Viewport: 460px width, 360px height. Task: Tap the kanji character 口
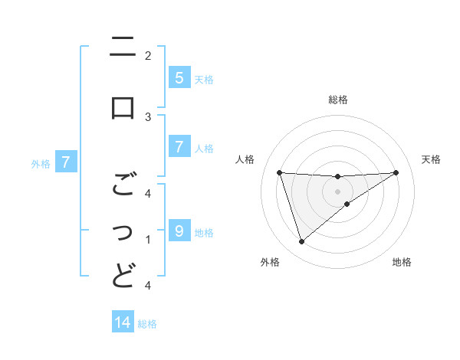click(123, 107)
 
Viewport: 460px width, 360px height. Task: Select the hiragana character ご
click(123, 185)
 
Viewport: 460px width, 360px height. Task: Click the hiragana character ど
click(123, 274)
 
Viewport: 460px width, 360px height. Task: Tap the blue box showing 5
click(179, 78)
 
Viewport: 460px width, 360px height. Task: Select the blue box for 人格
click(179, 147)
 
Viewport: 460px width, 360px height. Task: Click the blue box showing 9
click(179, 231)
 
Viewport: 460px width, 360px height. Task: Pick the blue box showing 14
click(123, 322)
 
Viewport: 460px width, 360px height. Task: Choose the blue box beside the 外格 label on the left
click(66, 162)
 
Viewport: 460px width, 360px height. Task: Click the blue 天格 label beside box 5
click(204, 79)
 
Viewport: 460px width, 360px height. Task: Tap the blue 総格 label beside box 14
click(147, 323)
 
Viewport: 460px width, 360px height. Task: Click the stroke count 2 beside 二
click(148, 55)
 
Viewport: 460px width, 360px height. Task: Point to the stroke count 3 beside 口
click(148, 116)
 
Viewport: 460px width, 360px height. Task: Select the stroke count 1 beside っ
click(148, 240)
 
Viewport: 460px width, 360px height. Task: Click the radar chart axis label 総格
click(338, 100)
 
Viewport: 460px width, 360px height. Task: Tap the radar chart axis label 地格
click(402, 262)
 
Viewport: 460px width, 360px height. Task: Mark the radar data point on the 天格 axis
click(396, 172)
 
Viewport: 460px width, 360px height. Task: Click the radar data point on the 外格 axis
click(301, 242)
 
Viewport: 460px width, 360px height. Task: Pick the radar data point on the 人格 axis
click(280, 172)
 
